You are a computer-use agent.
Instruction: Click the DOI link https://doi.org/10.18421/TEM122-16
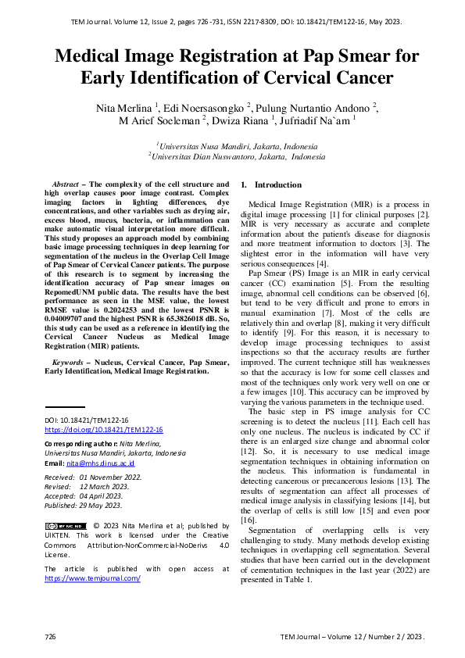[x=103, y=430]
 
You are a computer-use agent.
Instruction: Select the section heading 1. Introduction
[x=270, y=185]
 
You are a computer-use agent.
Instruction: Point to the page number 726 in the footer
[x=50, y=637]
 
